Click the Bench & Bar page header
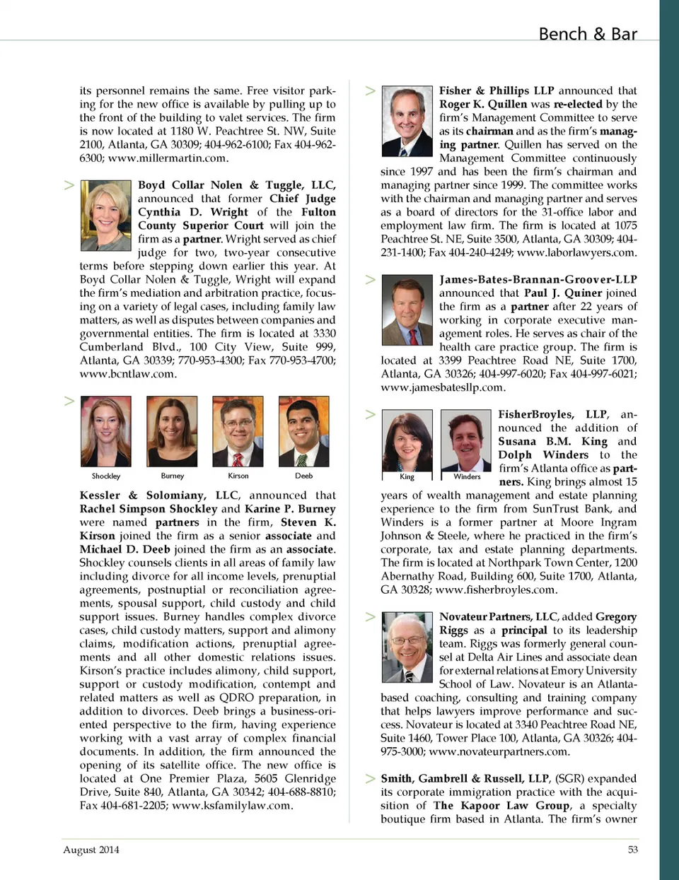point(587,34)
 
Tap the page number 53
point(632,850)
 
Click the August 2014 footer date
point(91,850)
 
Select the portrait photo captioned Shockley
point(106,431)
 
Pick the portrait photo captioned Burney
point(172,431)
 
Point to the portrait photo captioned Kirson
point(238,431)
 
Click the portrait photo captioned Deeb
point(303,431)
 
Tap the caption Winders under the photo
point(467,476)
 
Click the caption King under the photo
point(407,476)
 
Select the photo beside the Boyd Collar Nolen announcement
point(106,216)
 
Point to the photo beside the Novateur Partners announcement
point(407,648)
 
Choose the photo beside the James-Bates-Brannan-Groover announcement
point(407,310)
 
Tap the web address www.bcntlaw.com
point(127,374)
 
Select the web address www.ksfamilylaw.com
point(232,805)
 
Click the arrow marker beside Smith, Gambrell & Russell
point(370,778)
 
